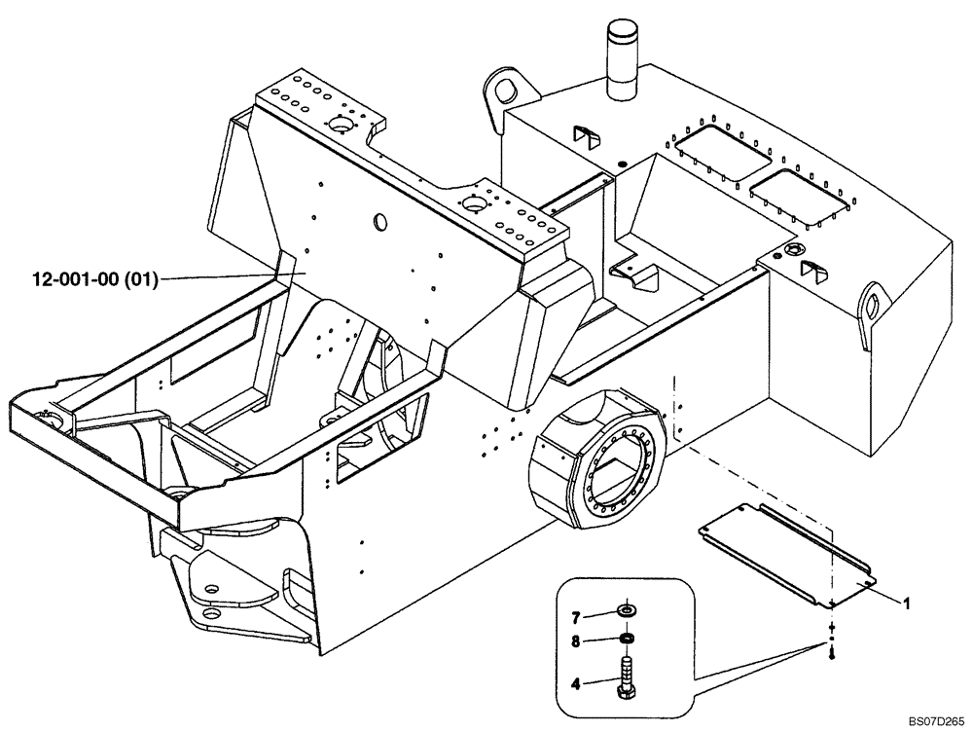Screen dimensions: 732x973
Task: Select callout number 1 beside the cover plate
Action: tap(907, 604)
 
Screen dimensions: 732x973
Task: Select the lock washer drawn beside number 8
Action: tap(627, 639)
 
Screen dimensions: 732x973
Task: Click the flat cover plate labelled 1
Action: tap(785, 552)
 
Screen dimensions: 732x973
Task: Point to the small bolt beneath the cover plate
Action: tap(833, 657)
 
